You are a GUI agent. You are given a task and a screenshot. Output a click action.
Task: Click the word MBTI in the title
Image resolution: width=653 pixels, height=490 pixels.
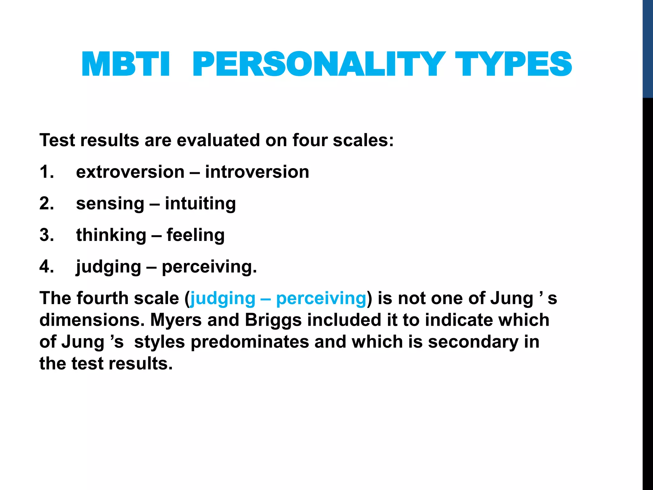[126, 64]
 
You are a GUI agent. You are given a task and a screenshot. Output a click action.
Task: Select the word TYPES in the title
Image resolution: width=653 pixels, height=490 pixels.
[513, 64]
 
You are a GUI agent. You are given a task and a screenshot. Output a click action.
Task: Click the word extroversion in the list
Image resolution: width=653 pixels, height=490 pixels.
[130, 172]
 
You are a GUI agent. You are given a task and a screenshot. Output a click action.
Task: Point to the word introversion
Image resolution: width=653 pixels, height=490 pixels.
[257, 172]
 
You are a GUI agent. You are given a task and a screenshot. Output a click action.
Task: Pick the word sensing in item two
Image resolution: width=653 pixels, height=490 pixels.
[110, 204]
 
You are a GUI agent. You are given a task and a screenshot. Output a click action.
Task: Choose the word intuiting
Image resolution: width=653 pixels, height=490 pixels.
[200, 204]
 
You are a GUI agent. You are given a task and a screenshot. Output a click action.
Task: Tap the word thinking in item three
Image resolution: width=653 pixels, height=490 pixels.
[111, 235]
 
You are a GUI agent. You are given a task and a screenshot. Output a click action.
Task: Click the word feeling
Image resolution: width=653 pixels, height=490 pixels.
[195, 235]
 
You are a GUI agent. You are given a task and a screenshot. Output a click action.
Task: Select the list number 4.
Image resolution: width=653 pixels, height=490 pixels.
[47, 267]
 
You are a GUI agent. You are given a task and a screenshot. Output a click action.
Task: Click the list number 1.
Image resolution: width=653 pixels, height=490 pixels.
[47, 172]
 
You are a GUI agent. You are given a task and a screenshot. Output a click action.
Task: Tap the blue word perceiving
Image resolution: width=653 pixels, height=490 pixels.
[321, 299]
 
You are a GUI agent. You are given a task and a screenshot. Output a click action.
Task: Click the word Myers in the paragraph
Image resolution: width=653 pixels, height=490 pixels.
[176, 320]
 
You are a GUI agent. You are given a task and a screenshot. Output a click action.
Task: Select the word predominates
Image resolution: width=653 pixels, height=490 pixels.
[250, 342]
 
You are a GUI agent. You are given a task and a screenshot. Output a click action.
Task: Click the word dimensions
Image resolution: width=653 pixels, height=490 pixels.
[92, 320]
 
